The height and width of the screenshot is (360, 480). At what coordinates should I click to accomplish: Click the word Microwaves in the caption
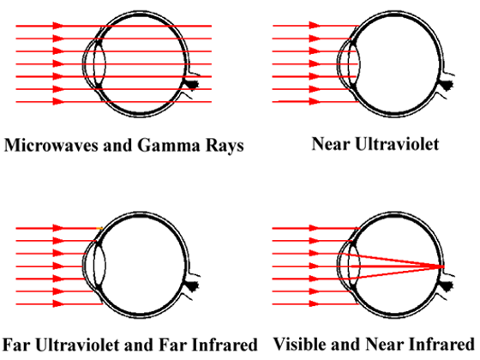tap(51, 145)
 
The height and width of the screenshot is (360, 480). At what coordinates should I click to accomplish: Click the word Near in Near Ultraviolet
tap(330, 144)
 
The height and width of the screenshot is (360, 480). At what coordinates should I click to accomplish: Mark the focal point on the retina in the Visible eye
tap(442, 267)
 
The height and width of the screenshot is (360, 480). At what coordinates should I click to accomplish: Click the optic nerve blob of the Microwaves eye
tap(192, 84)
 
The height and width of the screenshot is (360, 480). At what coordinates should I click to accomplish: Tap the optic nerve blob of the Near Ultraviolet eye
tap(447, 84)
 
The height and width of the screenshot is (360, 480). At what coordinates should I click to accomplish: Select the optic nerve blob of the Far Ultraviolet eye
tap(192, 286)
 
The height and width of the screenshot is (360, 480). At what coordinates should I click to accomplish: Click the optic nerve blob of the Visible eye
tap(447, 286)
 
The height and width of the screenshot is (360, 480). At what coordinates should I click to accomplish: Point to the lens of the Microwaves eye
tap(99, 64)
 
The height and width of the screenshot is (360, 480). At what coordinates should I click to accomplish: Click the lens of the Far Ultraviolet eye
tap(99, 267)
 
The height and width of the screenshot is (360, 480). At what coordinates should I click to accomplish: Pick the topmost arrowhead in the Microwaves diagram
tap(58, 26)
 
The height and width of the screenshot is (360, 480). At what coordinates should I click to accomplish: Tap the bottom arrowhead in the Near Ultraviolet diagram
tap(315, 101)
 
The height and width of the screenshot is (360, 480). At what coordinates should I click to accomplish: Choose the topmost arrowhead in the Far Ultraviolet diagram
tap(58, 228)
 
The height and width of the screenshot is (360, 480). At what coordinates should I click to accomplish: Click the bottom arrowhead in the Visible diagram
tap(315, 304)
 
